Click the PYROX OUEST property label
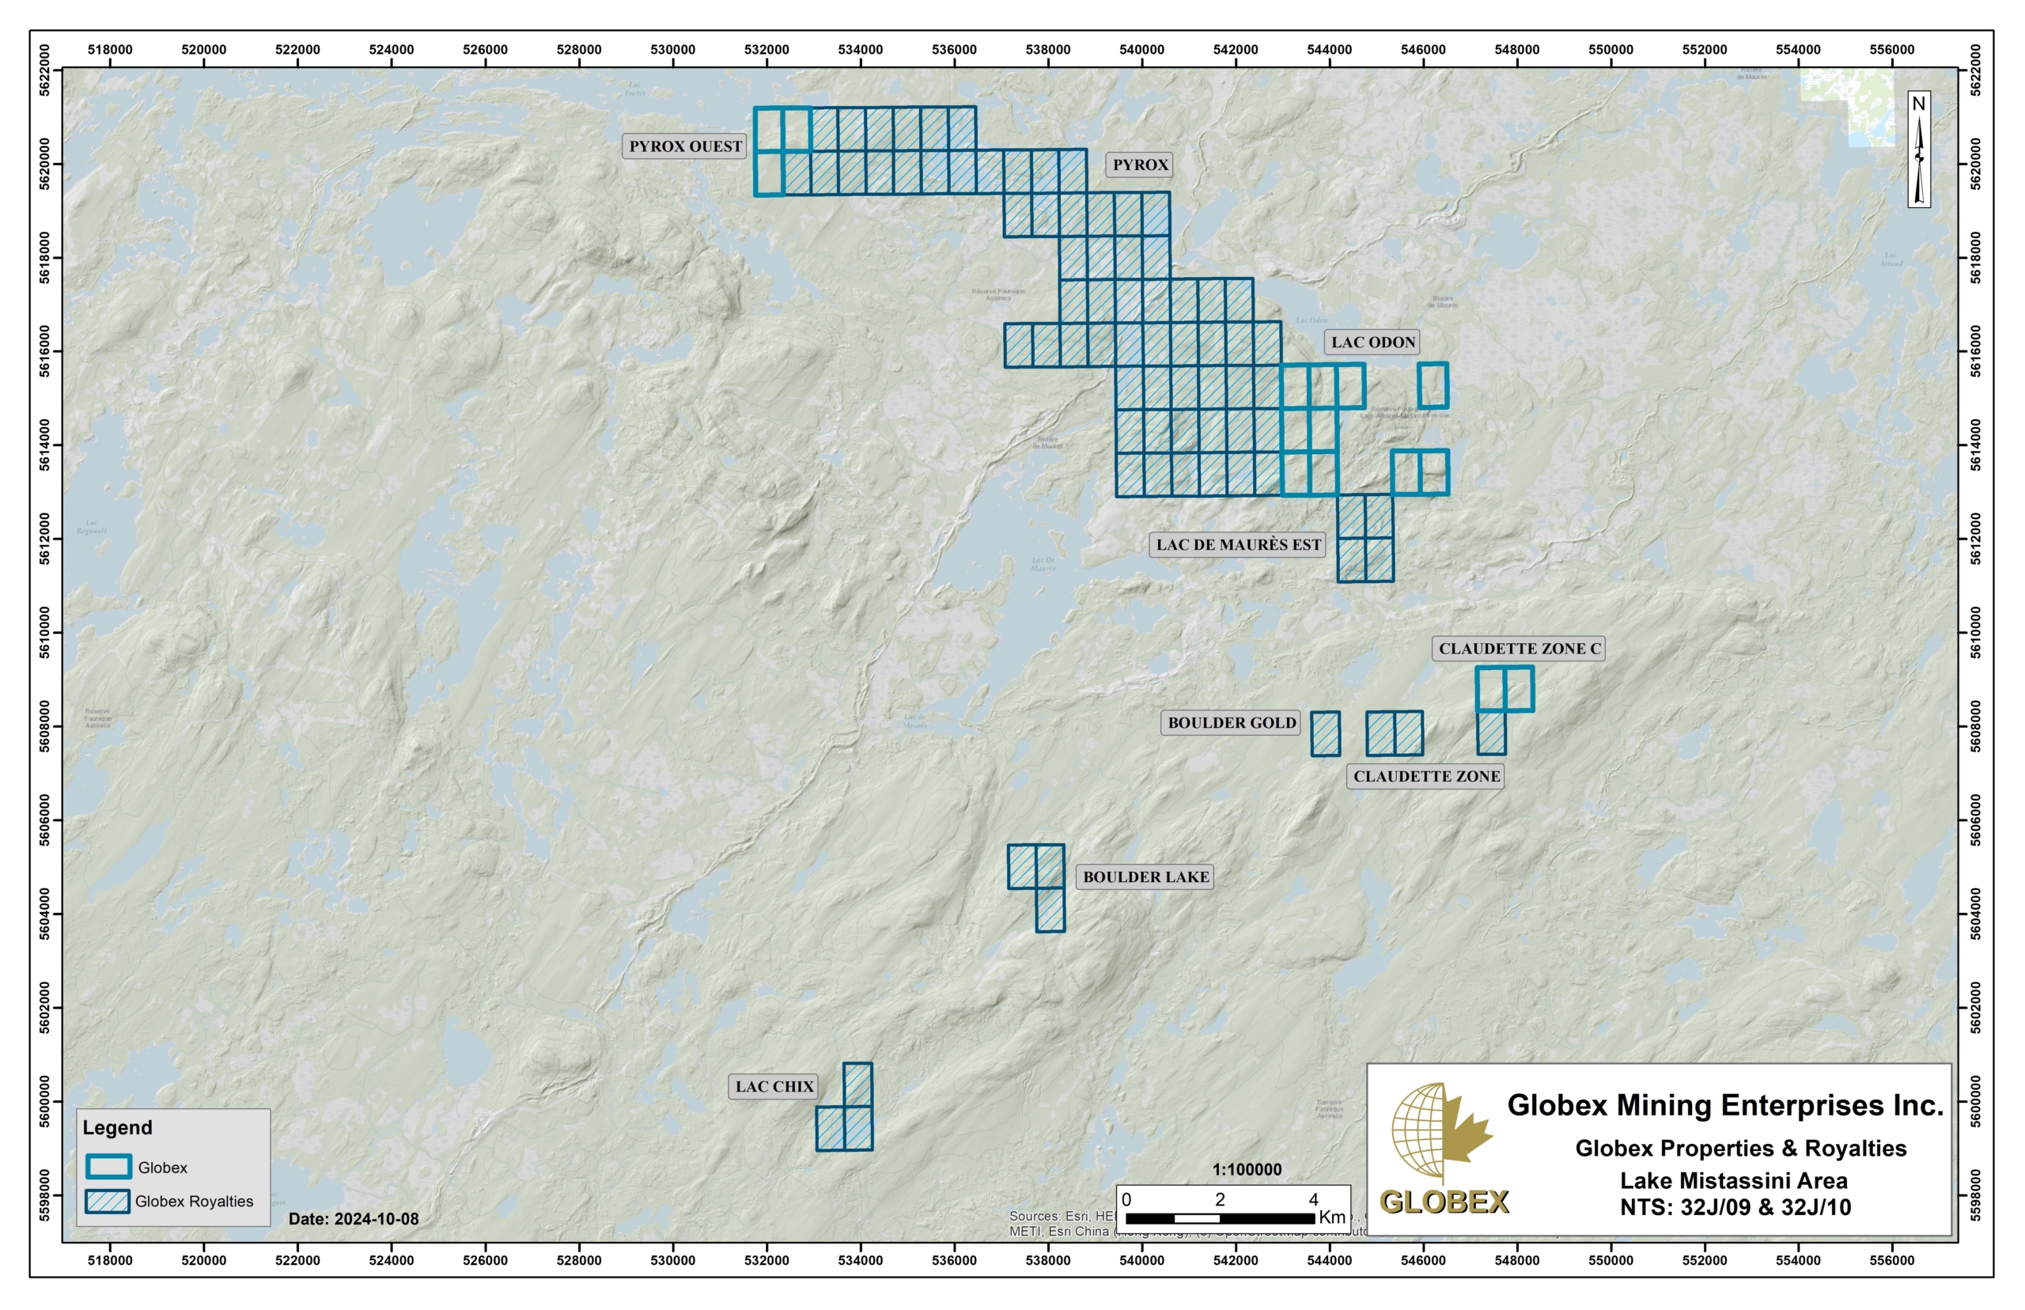(x=685, y=146)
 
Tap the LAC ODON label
(x=1372, y=342)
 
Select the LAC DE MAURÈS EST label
(x=1237, y=544)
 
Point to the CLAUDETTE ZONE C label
(x=1519, y=648)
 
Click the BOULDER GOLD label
(x=1231, y=722)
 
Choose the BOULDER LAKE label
(x=1145, y=876)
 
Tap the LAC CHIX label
(x=774, y=1086)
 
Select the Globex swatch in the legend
(x=108, y=1166)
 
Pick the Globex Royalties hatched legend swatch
(x=108, y=1200)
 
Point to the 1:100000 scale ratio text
(x=1246, y=1170)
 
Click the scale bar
(x=1220, y=1218)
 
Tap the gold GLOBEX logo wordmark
(x=1444, y=1201)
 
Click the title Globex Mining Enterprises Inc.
(x=1724, y=1104)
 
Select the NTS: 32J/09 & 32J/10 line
(x=1735, y=1207)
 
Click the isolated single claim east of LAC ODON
(x=1433, y=385)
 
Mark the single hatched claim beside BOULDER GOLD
(x=1325, y=733)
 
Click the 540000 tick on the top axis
(x=1141, y=49)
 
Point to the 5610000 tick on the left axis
(x=46, y=633)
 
